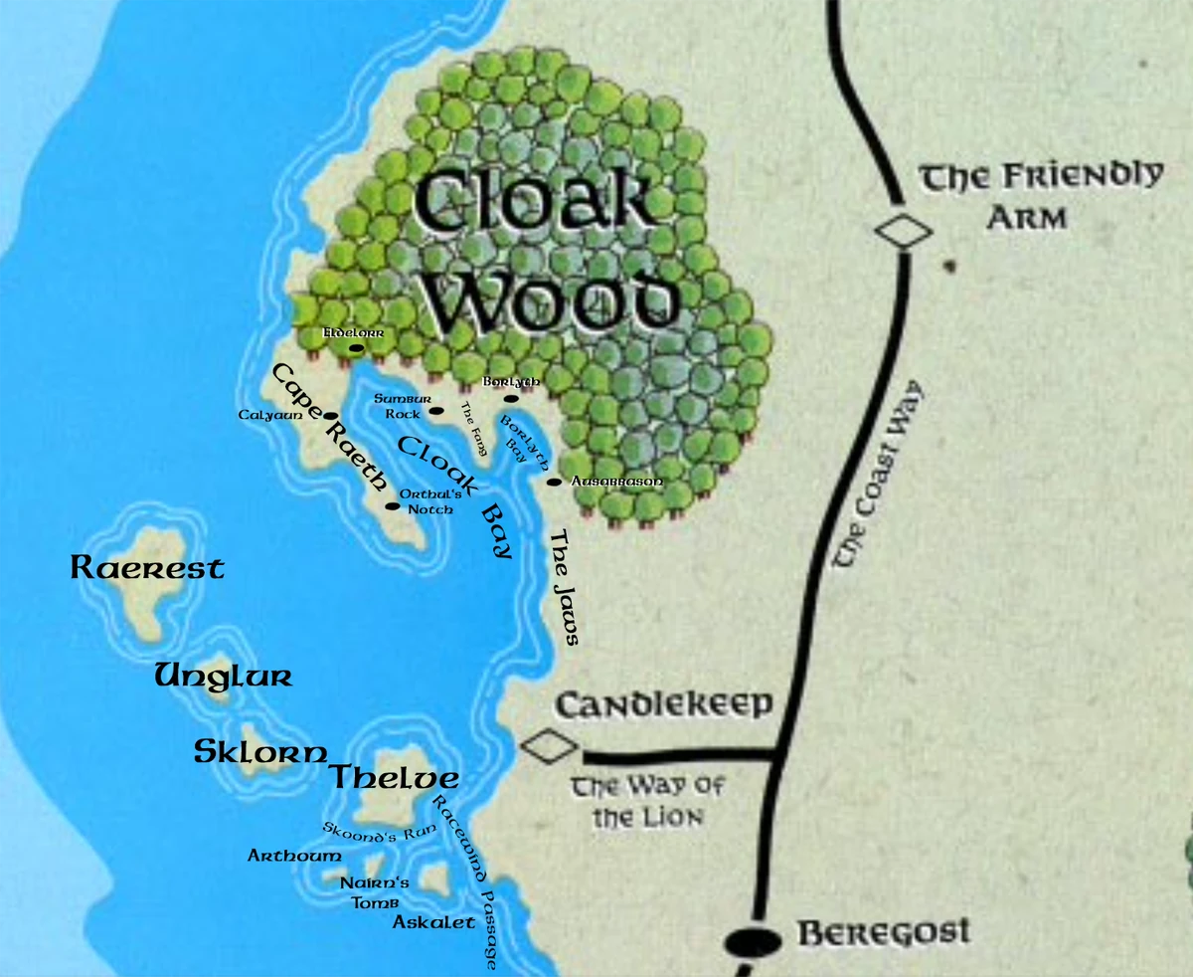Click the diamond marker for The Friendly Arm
point(905,232)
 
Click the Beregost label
point(884,934)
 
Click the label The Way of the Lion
point(647,802)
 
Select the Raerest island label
point(147,568)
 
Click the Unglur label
point(223,678)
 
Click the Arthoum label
point(294,855)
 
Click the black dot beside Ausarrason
point(553,483)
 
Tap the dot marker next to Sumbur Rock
point(435,410)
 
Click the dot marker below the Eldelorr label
point(356,349)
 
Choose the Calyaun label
point(263,414)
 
